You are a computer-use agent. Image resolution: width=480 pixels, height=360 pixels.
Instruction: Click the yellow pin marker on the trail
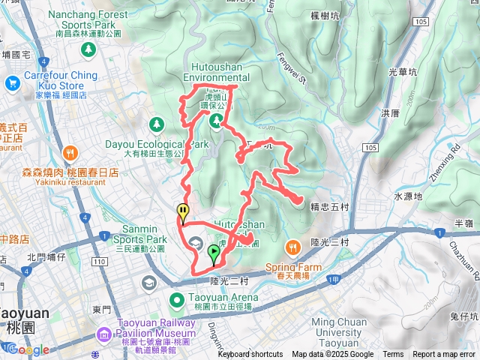point(182,212)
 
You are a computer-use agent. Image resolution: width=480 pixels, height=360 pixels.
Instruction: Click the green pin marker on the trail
point(214,253)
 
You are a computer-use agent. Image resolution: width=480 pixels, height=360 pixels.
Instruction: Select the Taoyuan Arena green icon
point(178,301)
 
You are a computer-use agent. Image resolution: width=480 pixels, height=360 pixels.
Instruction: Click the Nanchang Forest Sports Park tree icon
point(88,49)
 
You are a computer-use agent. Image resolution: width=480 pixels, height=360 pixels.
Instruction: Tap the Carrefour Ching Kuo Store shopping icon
point(12,83)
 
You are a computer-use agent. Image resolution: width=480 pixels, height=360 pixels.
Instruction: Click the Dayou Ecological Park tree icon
point(157,124)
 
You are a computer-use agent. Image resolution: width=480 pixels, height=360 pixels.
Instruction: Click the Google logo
point(28,349)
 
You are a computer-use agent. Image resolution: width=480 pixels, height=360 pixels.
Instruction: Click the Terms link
point(393,355)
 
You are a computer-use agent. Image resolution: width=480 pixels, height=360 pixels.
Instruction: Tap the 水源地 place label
point(409,196)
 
